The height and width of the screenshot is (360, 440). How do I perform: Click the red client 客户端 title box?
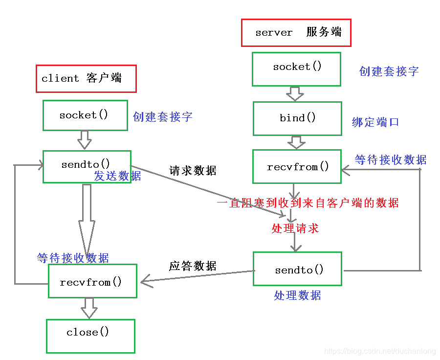(86, 78)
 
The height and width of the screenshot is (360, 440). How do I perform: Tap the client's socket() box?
(85, 115)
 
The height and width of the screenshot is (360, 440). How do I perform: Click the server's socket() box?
(296, 69)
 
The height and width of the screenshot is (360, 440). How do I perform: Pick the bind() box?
(297, 118)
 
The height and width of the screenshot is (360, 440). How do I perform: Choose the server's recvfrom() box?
(297, 167)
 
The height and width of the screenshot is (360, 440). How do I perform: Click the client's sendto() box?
(87, 165)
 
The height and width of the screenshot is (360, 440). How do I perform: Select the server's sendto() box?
(297, 269)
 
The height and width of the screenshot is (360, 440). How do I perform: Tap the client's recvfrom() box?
(92, 282)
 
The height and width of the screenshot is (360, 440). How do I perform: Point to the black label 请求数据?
(193, 171)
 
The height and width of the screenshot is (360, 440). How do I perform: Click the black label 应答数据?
(193, 266)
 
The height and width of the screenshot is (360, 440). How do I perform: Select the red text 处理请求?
(295, 228)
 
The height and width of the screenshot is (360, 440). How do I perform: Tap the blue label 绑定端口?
(375, 122)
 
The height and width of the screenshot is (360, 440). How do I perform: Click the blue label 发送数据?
(118, 176)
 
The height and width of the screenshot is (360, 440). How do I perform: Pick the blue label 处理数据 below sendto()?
(297, 295)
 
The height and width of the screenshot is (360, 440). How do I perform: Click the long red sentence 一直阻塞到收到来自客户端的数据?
(308, 203)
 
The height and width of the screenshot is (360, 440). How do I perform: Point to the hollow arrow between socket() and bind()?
(295, 93)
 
